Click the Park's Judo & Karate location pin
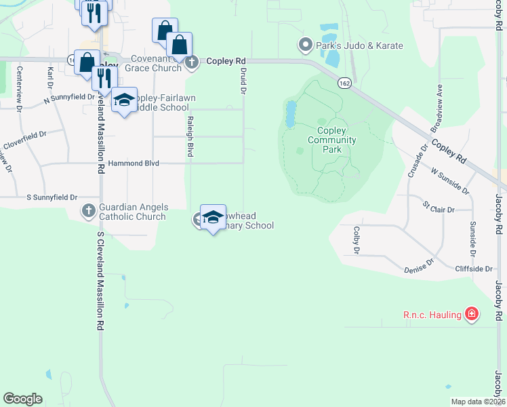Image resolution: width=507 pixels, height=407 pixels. point(305,46)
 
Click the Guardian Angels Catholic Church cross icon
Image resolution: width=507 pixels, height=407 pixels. point(88,211)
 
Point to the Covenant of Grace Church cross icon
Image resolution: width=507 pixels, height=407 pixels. point(192,62)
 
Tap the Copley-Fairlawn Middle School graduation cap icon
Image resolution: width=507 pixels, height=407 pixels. point(123,100)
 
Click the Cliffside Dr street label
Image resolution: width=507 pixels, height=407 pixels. point(473,269)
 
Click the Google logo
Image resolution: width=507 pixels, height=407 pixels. point(22,398)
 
